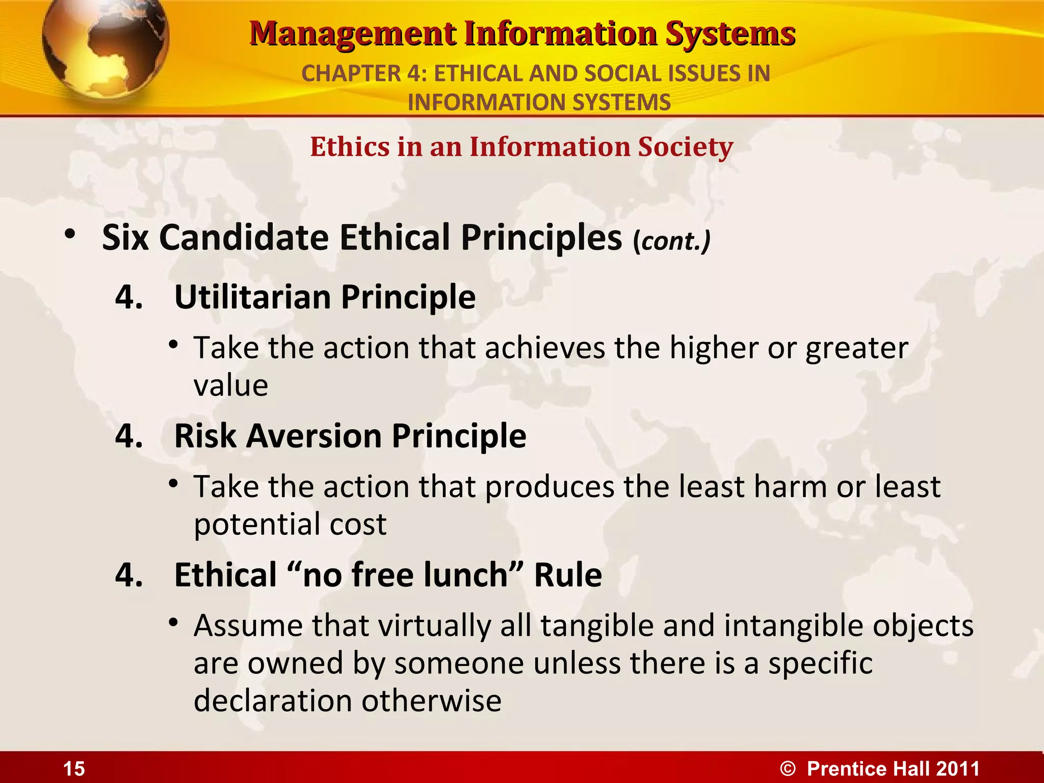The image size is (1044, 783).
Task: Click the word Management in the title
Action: [353, 35]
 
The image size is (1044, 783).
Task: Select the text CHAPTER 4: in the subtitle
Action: [364, 73]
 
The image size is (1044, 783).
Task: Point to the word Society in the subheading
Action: [685, 147]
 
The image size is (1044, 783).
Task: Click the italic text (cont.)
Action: [671, 241]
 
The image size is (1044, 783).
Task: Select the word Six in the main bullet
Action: [125, 238]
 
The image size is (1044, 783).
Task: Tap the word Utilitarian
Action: [253, 297]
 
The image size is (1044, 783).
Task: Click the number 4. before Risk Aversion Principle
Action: [129, 436]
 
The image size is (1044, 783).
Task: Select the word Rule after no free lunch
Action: [567, 575]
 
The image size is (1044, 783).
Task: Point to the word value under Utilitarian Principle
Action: [230, 385]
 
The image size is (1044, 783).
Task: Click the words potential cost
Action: [290, 524]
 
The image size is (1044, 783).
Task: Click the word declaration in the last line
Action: [273, 700]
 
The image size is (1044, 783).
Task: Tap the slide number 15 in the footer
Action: [74, 769]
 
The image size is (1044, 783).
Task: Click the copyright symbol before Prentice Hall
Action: [788, 769]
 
